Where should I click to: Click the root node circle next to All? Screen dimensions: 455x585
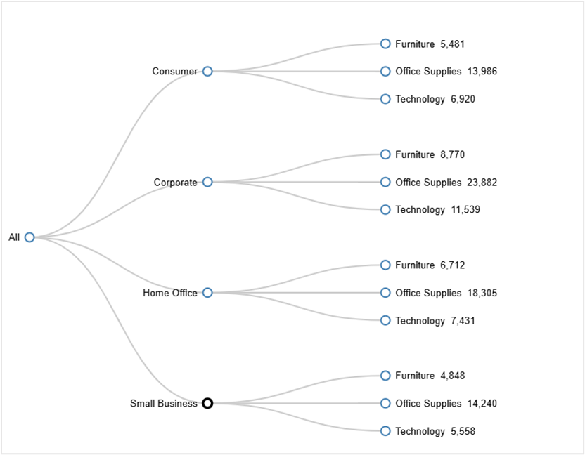(x=30, y=237)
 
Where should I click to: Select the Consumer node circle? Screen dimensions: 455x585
(x=207, y=71)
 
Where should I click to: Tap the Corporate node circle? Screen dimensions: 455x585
(x=207, y=182)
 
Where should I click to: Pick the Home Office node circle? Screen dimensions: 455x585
(x=207, y=293)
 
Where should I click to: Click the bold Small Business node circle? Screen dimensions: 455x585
(x=207, y=403)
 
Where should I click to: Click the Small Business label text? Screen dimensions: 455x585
(x=163, y=404)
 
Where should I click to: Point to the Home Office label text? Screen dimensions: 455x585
(x=170, y=293)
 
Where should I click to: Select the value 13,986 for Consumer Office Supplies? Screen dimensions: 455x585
(x=482, y=72)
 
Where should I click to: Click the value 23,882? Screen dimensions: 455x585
(x=482, y=183)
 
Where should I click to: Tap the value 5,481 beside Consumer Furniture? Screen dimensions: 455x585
(x=453, y=44)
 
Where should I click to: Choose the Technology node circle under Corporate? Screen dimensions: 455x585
(x=385, y=209)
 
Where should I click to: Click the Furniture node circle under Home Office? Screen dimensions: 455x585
(x=385, y=265)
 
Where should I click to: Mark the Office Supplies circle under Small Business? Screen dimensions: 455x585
(x=385, y=403)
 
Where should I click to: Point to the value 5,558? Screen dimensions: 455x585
(x=463, y=432)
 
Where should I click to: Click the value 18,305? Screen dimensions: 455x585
(x=482, y=293)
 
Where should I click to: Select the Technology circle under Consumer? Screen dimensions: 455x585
(x=385, y=99)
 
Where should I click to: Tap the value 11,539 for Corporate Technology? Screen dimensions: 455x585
(x=465, y=210)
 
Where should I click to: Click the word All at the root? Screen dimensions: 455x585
(x=14, y=237)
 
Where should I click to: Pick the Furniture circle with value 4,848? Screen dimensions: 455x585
(x=385, y=376)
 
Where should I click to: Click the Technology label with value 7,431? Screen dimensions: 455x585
(x=420, y=321)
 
